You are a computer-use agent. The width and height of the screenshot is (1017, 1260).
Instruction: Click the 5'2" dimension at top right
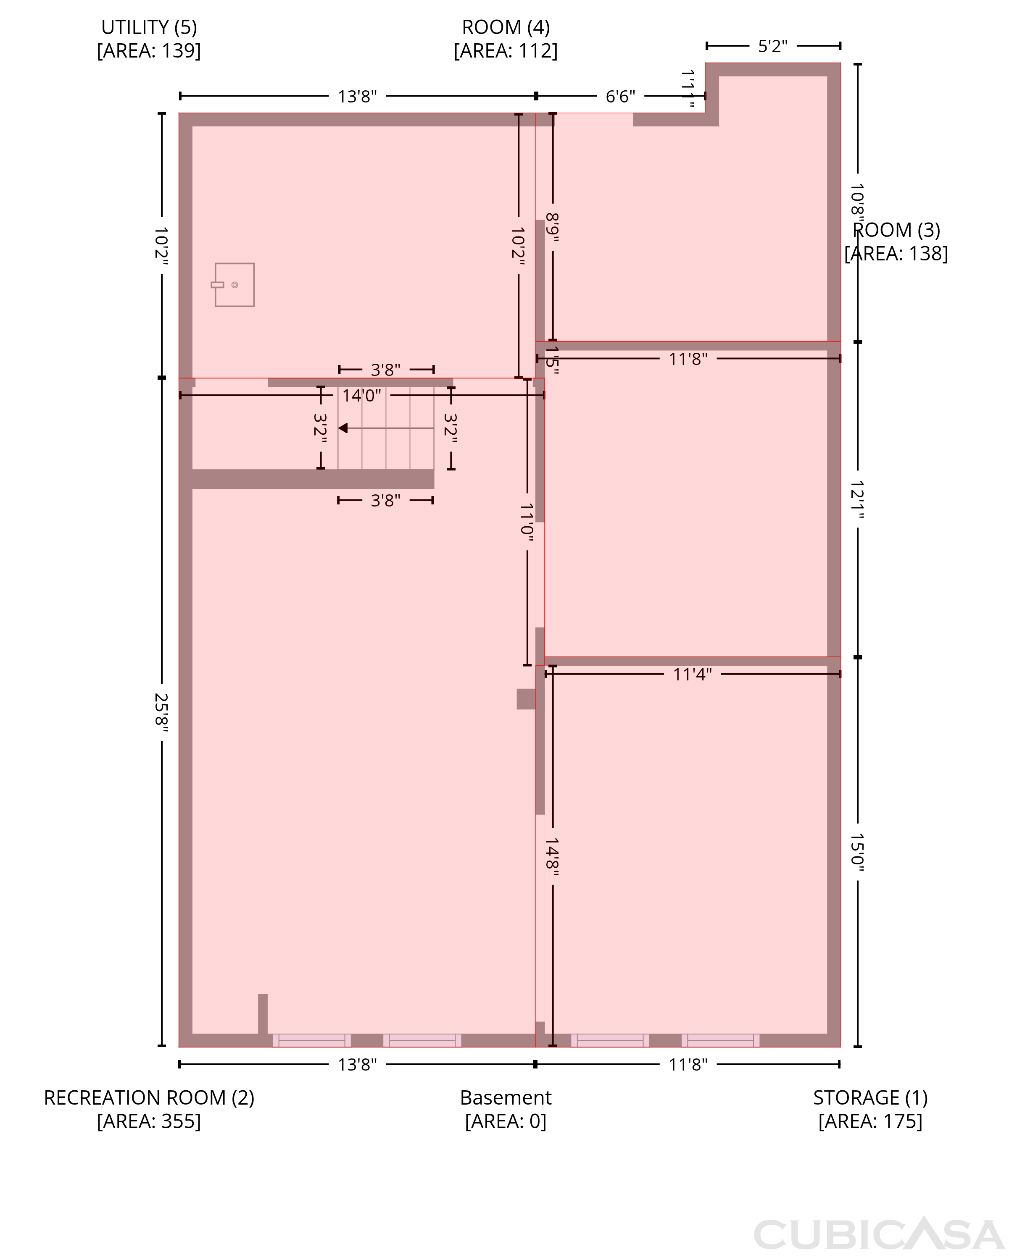(773, 46)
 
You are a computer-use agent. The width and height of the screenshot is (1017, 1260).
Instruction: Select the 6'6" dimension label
(620, 96)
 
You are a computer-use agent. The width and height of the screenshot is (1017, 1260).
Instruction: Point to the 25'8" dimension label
(161, 710)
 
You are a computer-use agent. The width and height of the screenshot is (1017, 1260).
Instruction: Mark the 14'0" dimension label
(361, 396)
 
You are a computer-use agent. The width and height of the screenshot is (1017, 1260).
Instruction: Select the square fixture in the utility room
(234, 285)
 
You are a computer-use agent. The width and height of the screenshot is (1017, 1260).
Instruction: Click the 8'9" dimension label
(553, 227)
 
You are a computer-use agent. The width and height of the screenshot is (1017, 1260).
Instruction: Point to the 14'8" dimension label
(553, 856)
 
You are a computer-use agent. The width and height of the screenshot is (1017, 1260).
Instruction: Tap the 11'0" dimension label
(527, 520)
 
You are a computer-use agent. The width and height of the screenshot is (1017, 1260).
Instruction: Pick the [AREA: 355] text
(149, 1121)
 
